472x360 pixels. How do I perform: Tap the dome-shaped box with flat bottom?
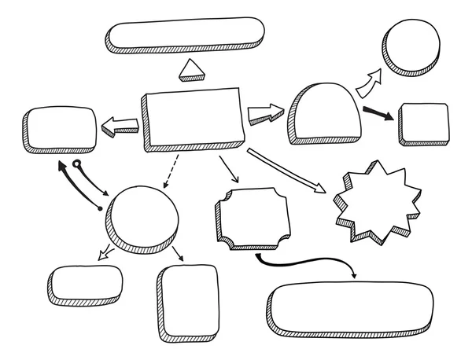(325, 113)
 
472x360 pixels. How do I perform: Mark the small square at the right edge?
(425, 122)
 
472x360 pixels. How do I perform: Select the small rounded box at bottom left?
(84, 282)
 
